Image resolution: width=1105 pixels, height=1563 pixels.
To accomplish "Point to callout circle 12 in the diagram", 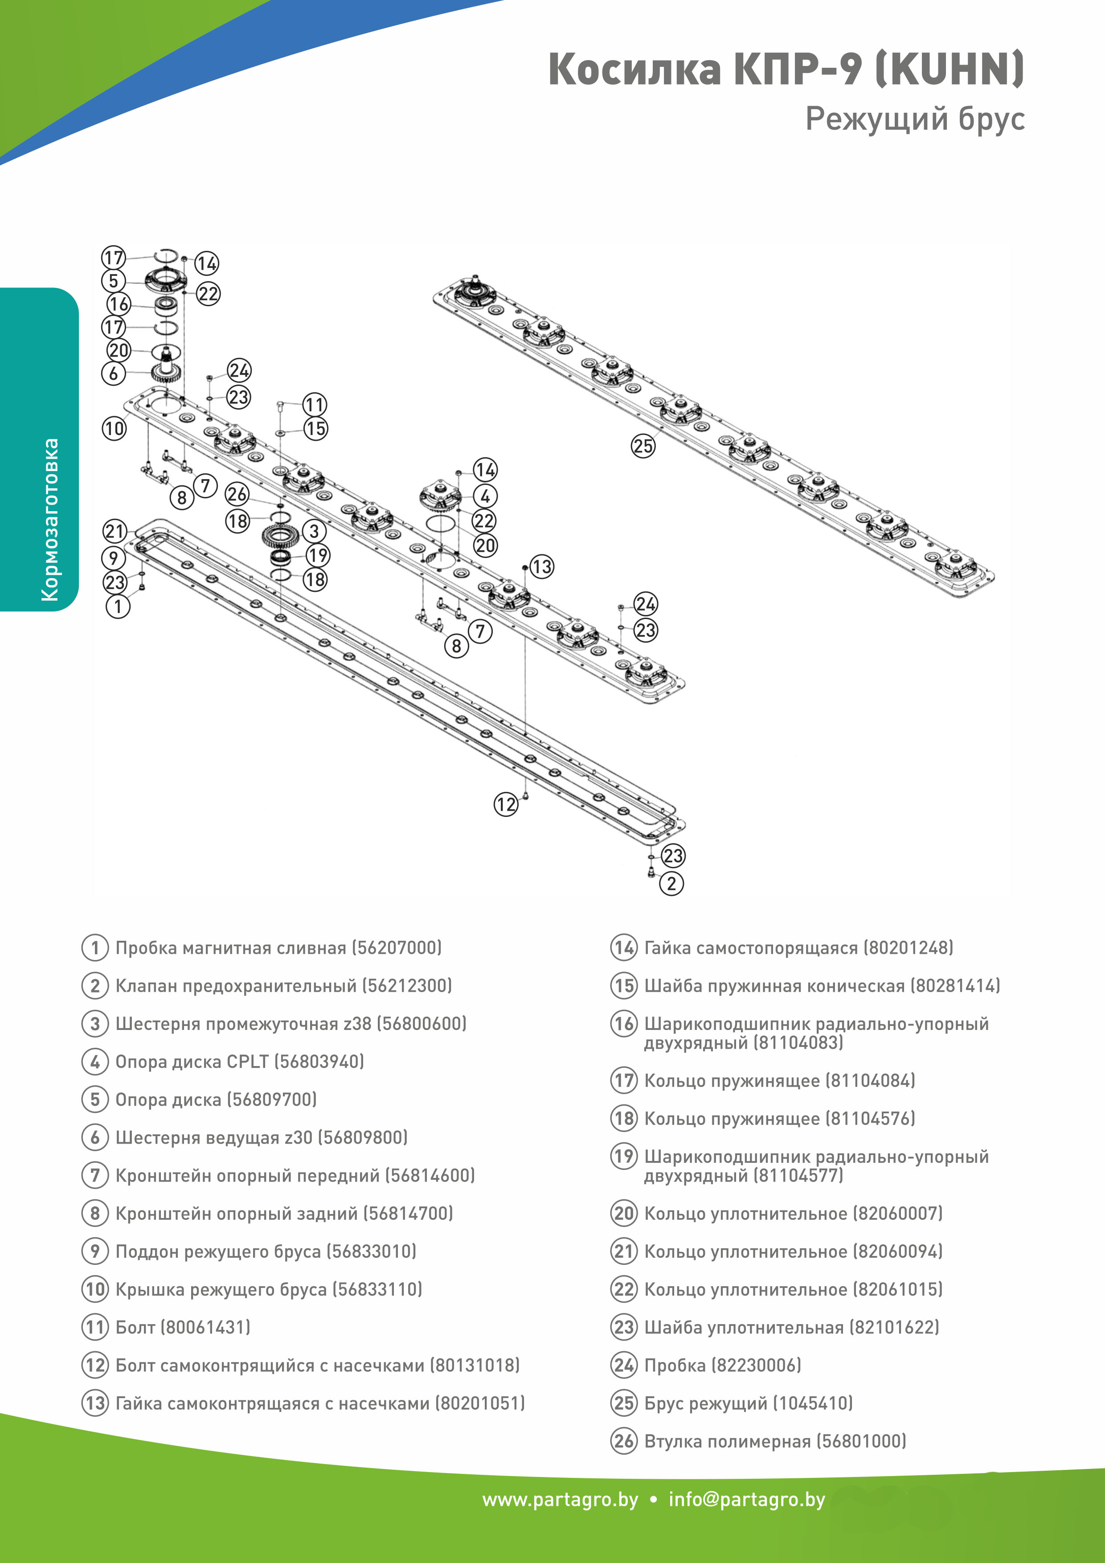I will coord(506,804).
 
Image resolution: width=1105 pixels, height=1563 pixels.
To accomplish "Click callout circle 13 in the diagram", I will coord(542,566).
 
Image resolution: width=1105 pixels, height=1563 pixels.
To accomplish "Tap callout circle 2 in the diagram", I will coord(671,884).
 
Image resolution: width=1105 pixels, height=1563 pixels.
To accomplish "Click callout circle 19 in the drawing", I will coord(318,555).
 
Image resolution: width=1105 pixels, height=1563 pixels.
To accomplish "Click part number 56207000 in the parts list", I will coord(397,948).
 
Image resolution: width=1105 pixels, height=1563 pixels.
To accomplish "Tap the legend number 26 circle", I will coord(624,1441).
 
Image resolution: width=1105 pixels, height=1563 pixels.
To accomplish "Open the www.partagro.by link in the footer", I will coord(560,1500).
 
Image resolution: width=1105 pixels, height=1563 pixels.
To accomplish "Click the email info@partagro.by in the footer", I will coord(746,1500).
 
